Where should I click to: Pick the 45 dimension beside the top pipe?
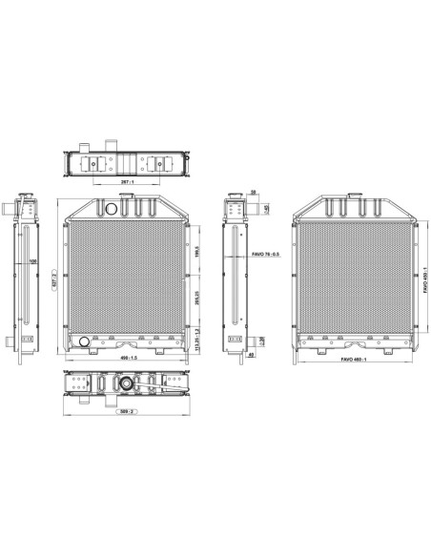coord(266,208)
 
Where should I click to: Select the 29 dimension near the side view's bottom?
coord(262,340)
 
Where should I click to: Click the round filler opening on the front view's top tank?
coord(112,207)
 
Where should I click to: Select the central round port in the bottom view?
coord(125,384)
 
